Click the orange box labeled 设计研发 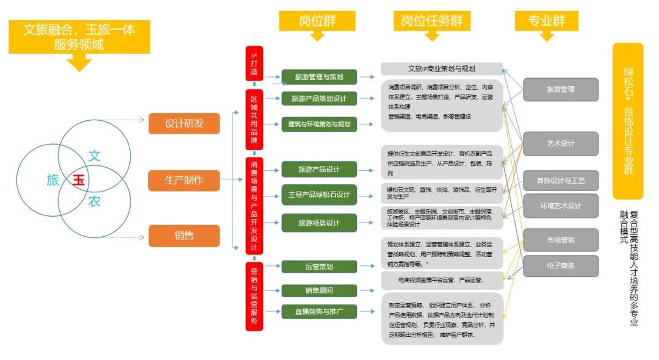[184, 124]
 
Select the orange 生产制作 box [184, 180]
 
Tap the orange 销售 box [184, 235]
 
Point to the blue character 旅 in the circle [53, 180]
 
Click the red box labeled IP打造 [254, 63]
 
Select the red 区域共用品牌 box [254, 121]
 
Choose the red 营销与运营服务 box [254, 296]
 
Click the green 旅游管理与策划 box [319, 77]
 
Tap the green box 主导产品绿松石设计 [319, 195]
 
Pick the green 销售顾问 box [319, 290]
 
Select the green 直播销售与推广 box [319, 312]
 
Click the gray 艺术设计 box [560, 143]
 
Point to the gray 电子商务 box [560, 265]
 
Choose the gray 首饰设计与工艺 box [560, 181]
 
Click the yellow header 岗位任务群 [431, 20]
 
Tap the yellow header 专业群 [547, 20]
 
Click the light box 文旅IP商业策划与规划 [441, 69]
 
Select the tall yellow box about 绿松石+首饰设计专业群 [628, 121]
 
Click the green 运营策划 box [319, 267]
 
